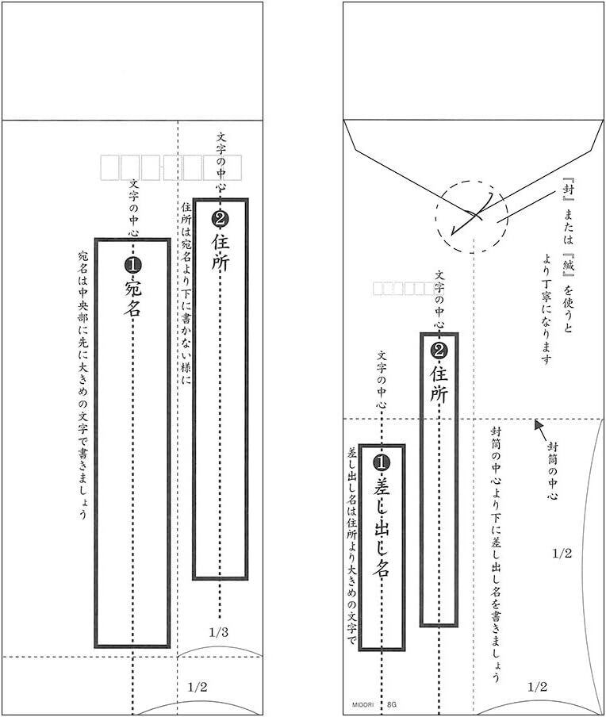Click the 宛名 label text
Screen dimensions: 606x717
132,298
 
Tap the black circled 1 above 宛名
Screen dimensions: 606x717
132,263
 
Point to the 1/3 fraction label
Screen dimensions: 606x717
219,632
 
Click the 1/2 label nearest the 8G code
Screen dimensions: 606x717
537,686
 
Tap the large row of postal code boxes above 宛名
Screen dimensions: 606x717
171,167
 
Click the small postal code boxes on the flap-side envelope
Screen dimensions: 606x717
402,289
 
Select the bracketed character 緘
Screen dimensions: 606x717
568,256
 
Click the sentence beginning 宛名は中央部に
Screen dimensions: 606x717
82,384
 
